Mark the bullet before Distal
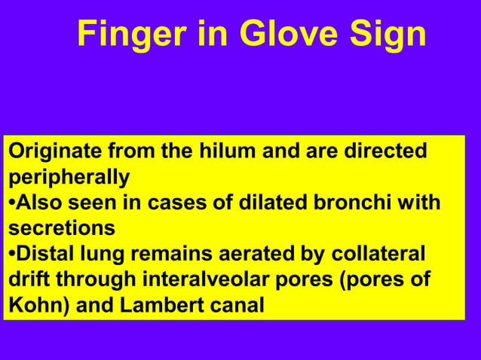[x=11, y=252]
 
